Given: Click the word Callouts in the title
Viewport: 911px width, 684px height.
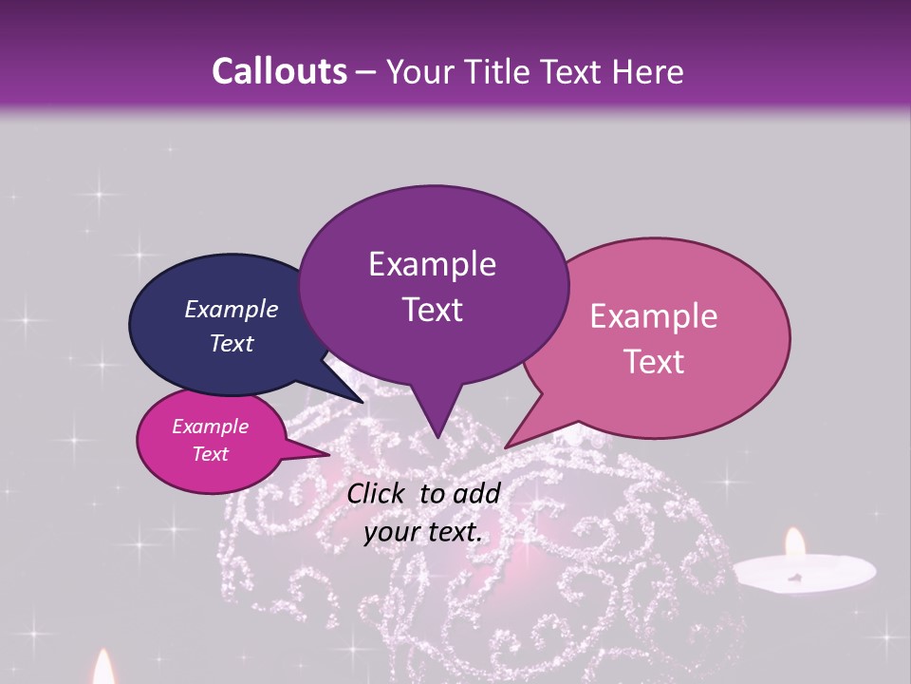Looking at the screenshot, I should [x=279, y=71].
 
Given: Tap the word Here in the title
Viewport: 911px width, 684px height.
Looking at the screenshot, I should [x=648, y=71].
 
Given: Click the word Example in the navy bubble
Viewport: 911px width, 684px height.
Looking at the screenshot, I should [x=232, y=309].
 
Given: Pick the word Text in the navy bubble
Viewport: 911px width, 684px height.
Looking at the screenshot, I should [x=232, y=343].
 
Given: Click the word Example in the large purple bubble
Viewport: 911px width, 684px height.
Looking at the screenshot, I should [x=432, y=264].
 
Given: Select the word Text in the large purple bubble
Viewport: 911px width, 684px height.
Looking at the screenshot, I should [x=432, y=310].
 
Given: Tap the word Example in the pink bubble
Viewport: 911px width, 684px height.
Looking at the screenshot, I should [x=654, y=316].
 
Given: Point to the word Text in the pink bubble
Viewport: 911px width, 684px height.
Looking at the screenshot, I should [x=654, y=362].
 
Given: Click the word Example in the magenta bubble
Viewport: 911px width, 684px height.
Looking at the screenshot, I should [x=210, y=427].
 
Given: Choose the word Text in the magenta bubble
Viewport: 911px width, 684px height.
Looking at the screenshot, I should [x=210, y=454].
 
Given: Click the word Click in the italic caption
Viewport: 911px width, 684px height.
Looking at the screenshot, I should [x=377, y=493].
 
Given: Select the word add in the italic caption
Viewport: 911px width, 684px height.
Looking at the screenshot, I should [x=476, y=493].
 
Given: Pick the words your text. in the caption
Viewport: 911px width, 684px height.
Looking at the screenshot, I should [x=422, y=532].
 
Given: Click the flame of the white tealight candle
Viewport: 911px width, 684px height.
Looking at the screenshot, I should [x=794, y=544].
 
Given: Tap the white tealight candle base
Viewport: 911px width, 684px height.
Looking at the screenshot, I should [x=805, y=571].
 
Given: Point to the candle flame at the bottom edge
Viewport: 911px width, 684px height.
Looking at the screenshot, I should [x=103, y=669].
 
